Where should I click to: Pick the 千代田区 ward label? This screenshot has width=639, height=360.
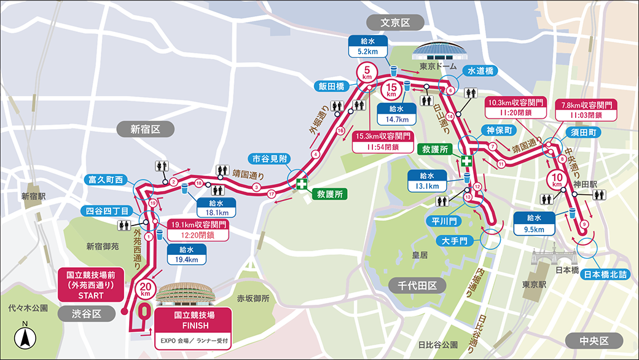[x=416, y=285]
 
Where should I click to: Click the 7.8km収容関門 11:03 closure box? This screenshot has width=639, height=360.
[x=586, y=109]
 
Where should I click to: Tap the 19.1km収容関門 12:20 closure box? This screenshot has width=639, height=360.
[x=197, y=229]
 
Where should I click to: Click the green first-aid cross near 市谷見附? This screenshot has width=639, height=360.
[x=301, y=184]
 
